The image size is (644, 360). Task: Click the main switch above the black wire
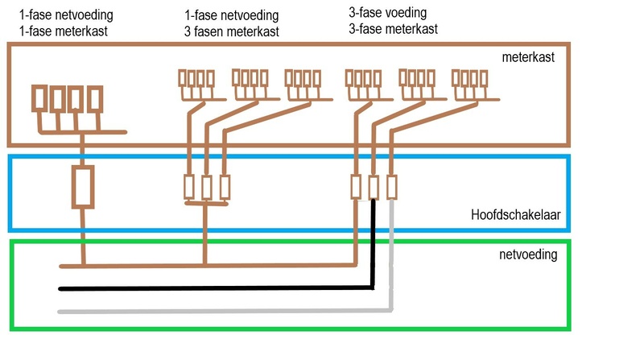(374, 187)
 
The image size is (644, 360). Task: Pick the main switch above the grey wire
(392, 187)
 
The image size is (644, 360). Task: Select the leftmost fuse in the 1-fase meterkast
(39, 98)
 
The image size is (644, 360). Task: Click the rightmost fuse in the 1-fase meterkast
(95, 98)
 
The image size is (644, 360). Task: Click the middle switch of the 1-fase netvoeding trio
(207, 187)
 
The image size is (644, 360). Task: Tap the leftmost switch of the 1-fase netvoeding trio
(189, 187)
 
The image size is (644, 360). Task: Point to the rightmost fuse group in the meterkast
(469, 79)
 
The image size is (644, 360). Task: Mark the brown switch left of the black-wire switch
(356, 187)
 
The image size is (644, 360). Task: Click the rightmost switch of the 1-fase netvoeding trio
(225, 187)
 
